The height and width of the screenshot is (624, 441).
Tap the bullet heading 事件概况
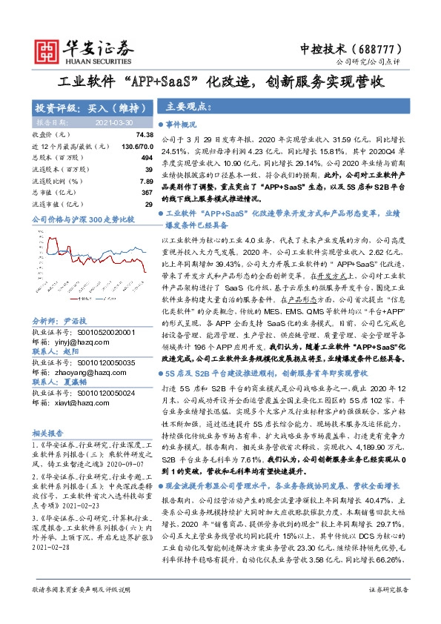pos(182,125)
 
